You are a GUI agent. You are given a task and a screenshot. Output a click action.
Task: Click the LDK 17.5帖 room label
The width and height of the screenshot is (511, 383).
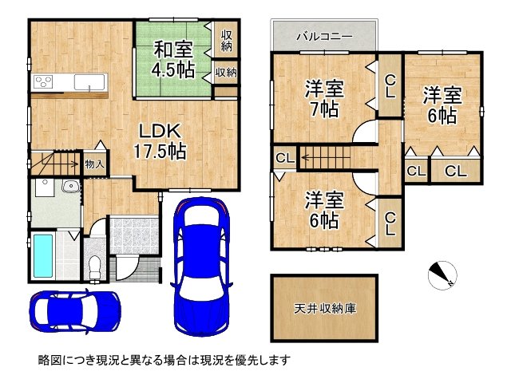click(x=160, y=141)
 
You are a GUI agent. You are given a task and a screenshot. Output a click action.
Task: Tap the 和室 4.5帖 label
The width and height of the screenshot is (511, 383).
click(x=173, y=59)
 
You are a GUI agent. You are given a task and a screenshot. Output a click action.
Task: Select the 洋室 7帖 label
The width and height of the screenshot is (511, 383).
click(x=324, y=98)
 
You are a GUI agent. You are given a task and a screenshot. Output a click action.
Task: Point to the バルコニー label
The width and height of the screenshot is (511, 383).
click(x=324, y=36)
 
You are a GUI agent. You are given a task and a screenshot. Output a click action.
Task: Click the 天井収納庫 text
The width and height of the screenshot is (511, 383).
click(x=325, y=308)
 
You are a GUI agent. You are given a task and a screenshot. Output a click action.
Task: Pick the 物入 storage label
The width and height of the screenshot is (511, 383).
click(x=94, y=164)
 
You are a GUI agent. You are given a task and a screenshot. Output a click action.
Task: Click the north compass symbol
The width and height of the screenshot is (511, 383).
click(x=442, y=275)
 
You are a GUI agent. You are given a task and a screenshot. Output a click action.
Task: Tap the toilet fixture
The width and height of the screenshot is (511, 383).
click(x=95, y=266)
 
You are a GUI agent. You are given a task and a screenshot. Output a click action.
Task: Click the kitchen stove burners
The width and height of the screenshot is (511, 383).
click(x=43, y=81)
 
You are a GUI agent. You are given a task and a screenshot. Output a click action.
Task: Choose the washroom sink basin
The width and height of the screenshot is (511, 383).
click(x=70, y=186)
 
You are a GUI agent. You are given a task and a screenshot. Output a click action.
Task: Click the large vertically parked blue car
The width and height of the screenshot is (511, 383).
click(x=201, y=267)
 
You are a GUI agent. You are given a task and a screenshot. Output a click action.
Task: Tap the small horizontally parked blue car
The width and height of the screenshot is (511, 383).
click(x=75, y=311)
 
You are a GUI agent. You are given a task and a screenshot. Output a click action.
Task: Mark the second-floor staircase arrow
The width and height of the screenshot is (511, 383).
click(x=326, y=158)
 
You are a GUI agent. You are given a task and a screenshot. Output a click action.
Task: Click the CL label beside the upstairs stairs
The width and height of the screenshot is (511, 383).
click(x=285, y=158)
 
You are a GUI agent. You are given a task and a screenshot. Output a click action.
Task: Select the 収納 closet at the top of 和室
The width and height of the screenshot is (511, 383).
click(x=226, y=41)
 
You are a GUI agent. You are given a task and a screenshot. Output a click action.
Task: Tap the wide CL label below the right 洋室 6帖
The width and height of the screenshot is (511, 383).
click(x=456, y=171)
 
